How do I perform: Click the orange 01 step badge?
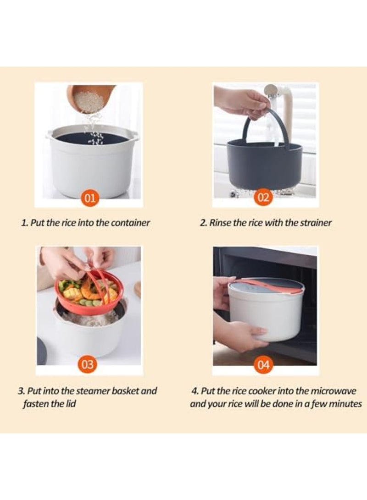pyautogui.click(x=90, y=198)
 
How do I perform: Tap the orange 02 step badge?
pyautogui.click(x=263, y=198)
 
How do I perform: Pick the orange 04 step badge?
pyautogui.click(x=263, y=365)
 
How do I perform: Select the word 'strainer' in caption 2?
pyautogui.click(x=316, y=223)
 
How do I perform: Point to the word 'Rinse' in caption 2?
pyautogui.click(x=220, y=223)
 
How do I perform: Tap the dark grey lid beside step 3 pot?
pyautogui.click(x=41, y=351)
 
